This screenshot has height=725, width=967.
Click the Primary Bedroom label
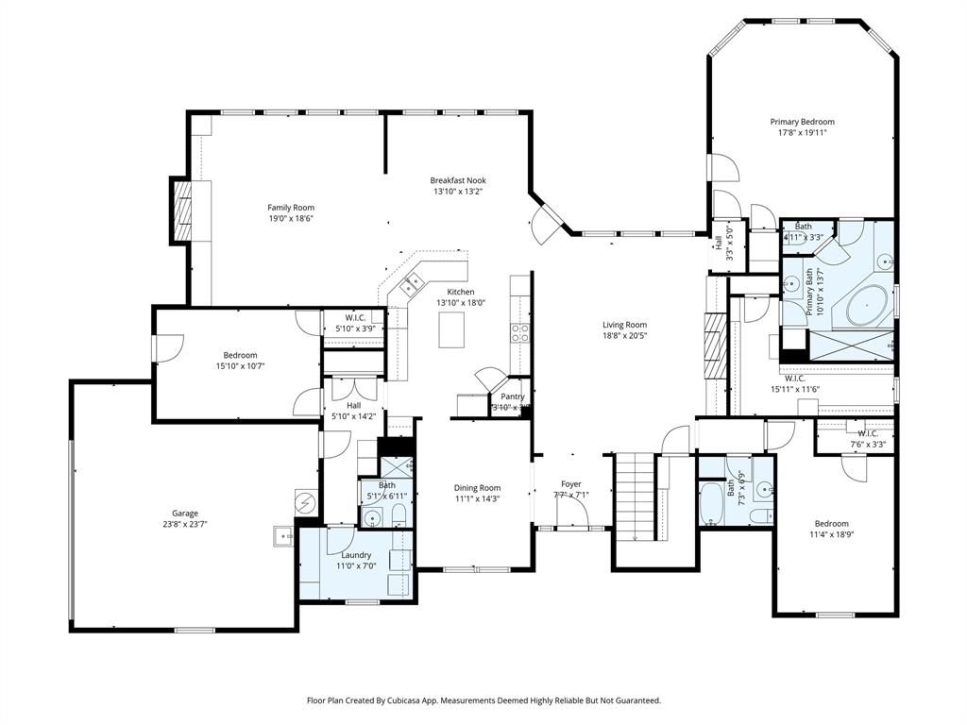tap(802, 122)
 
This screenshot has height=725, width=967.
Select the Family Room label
tap(291, 208)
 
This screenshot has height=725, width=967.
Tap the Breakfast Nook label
tap(458, 180)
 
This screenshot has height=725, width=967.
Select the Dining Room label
tap(477, 487)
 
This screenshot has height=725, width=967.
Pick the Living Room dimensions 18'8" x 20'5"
tap(624, 336)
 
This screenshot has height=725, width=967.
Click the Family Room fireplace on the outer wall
tap(180, 208)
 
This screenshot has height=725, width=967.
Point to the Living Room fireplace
tap(715, 346)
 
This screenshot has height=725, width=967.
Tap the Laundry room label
tap(356, 555)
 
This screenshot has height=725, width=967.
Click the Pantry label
tap(513, 396)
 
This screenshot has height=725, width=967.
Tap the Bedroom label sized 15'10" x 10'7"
tap(240, 355)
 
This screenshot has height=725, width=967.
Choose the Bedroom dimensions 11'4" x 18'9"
tap(832, 534)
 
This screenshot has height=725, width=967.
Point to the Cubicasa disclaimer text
tap(483, 700)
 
